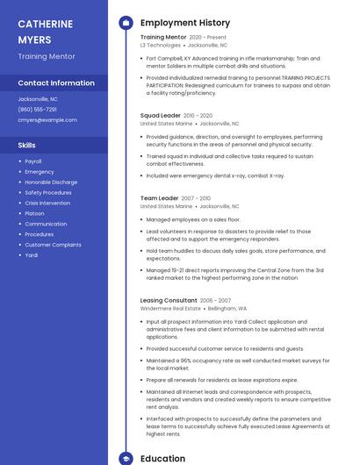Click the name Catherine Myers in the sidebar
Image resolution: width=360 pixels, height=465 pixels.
46,32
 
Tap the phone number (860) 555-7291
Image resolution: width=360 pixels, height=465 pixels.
37,109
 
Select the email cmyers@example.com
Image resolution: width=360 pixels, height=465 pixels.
41,119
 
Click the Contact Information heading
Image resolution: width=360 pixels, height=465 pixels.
56,82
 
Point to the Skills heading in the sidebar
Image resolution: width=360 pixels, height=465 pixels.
27,145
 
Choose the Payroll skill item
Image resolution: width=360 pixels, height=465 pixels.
33,161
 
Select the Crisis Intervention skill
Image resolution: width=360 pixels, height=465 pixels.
47,203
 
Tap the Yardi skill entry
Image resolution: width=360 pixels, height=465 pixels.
32,254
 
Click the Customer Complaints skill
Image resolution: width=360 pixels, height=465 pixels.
53,245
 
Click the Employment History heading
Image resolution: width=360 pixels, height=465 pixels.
185,23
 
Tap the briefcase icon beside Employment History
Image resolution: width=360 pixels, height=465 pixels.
126,23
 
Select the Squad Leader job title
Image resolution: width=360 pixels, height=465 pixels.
161,115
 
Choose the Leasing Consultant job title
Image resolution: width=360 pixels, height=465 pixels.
169,300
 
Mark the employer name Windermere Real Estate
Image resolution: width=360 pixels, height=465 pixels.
170,309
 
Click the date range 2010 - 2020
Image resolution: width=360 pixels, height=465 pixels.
200,116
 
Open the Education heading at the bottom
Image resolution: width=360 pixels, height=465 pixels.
162,458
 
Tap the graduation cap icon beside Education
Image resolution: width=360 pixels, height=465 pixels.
126,458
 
